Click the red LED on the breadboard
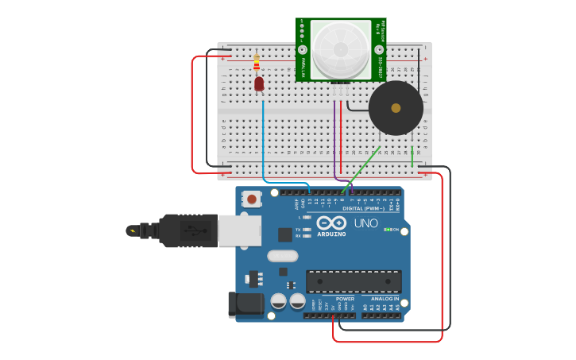[259, 83]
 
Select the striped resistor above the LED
[256, 62]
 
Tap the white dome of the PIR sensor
[340, 49]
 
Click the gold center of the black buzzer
[396, 107]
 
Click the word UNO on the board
[365, 223]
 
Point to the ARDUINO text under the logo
[331, 234]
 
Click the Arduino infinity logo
[331, 223]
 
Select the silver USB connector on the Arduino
[239, 230]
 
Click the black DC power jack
[245, 304]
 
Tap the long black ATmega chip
[354, 281]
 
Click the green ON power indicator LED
[388, 230]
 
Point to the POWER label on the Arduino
[345, 299]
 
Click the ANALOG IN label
[385, 299]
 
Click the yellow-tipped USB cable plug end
[133, 231]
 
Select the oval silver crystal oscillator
[282, 256]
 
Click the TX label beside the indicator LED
[298, 229]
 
